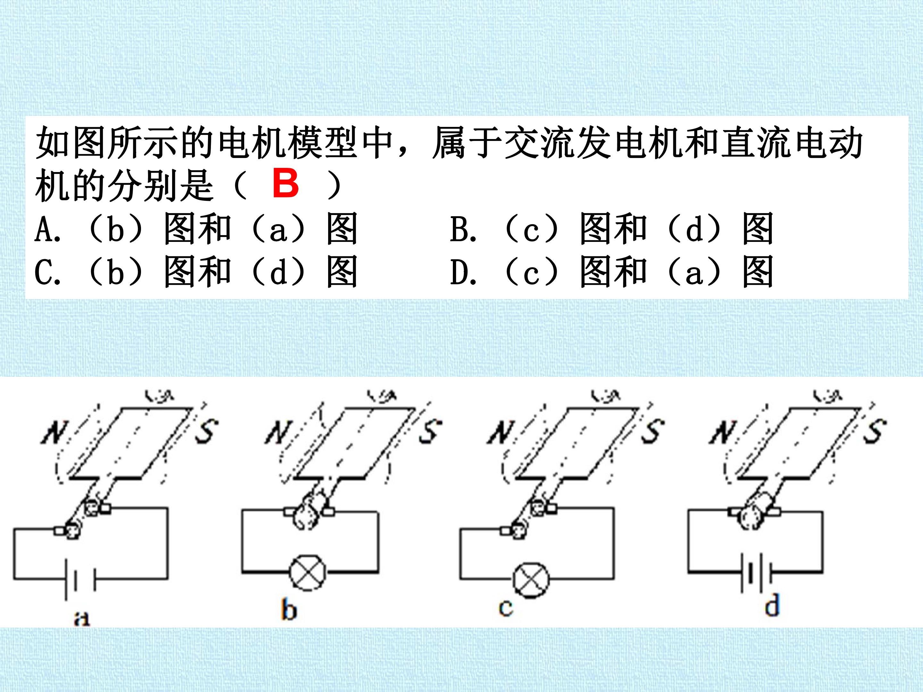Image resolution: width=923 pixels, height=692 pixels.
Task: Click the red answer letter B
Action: click(x=286, y=184)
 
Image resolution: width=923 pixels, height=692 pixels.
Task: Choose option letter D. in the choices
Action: click(x=463, y=272)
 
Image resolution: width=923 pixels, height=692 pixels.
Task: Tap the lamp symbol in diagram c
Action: click(x=531, y=580)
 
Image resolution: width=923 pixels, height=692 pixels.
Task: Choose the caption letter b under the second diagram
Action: click(x=289, y=610)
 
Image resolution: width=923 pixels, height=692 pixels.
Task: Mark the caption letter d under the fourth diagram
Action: click(x=772, y=605)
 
